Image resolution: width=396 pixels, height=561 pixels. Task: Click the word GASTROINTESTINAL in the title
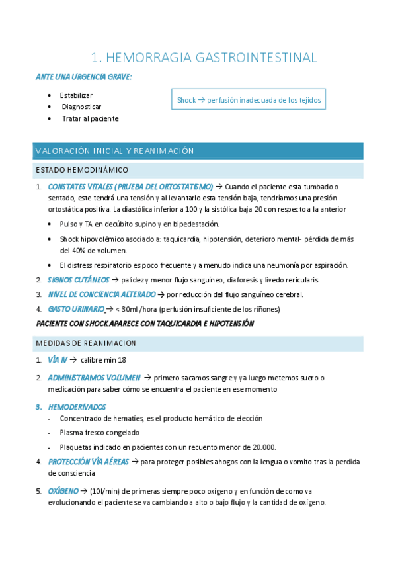(257, 58)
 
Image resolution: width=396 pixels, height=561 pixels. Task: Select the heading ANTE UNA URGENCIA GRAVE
(83, 77)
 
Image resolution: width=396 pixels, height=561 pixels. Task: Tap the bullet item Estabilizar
(76, 95)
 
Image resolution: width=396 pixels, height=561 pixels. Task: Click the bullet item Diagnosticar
(81, 107)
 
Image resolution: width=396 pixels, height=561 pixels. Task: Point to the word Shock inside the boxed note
(186, 101)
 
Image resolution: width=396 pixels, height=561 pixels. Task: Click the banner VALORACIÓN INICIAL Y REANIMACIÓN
(114, 151)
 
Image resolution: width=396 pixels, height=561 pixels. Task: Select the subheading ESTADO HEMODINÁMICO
(82, 171)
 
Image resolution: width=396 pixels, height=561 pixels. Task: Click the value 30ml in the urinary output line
(132, 309)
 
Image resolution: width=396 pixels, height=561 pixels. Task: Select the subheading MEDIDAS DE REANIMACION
(85, 343)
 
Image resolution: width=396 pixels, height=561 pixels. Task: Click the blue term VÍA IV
(58, 360)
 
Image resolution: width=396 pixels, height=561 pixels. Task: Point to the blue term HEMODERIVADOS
(77, 406)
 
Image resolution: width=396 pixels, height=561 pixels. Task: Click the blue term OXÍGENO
(63, 491)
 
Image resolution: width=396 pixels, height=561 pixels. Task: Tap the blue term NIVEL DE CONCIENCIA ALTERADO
(102, 294)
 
